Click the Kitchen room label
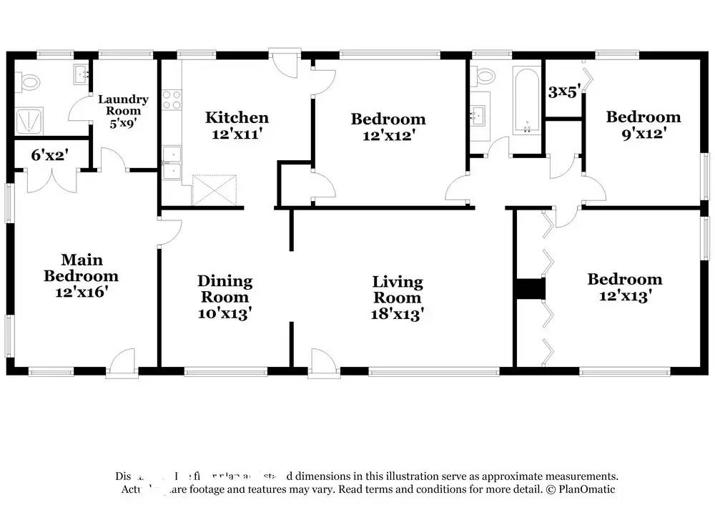click(237, 125)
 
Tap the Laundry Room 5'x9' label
click(123, 110)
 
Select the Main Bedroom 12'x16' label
click(81, 275)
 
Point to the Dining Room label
click(225, 297)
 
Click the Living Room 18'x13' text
click(398, 298)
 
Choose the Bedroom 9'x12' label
click(643, 124)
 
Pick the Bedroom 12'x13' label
click(624, 287)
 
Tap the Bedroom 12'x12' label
click(388, 127)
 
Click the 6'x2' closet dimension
click(50, 153)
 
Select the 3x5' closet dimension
click(563, 92)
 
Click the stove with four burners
click(171, 99)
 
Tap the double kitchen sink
click(171, 163)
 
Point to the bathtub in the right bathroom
click(527, 101)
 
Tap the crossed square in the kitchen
click(214, 190)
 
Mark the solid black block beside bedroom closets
click(530, 288)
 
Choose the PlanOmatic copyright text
click(580, 489)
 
